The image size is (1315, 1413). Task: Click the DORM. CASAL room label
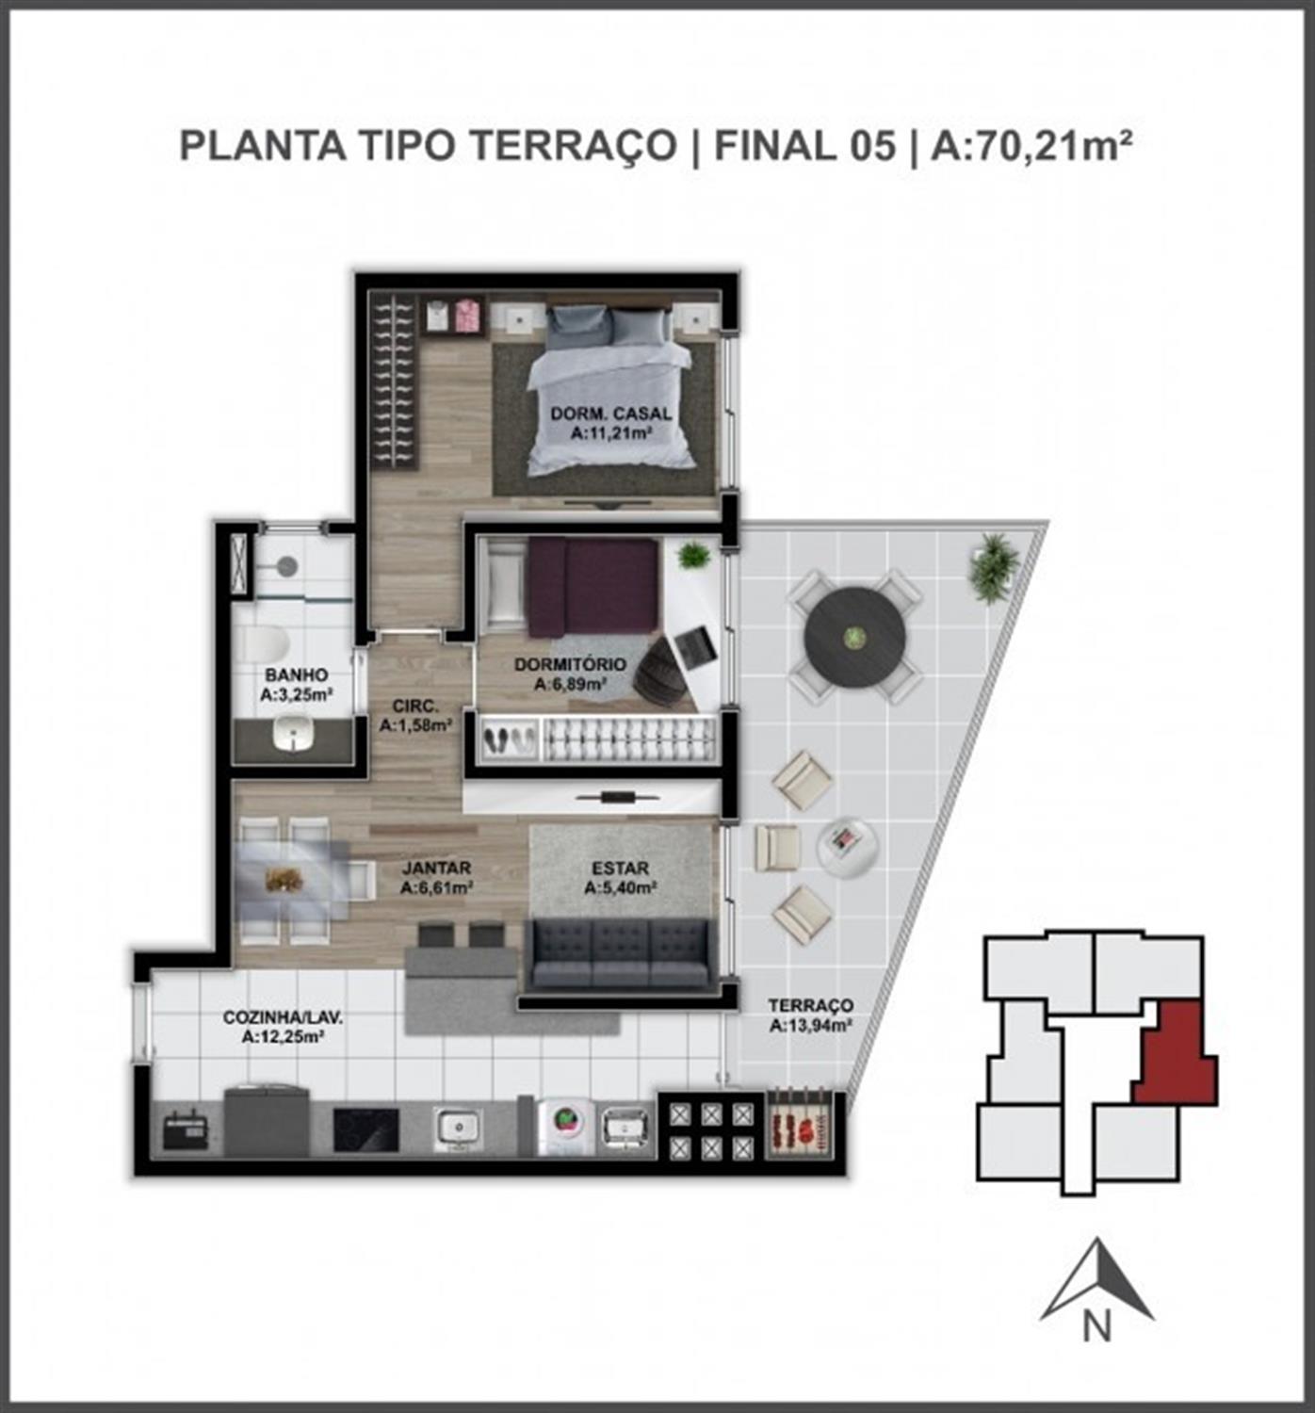[x=611, y=414]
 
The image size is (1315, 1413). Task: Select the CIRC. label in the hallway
[x=415, y=706]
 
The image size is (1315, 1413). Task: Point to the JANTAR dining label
[x=436, y=868]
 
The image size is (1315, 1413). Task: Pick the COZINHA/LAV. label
[x=284, y=1017]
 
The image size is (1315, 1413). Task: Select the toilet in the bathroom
[x=264, y=644]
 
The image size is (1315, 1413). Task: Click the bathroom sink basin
[x=293, y=731]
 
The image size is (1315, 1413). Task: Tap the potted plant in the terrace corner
[x=995, y=565]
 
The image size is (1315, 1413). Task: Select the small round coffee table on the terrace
[x=848, y=847]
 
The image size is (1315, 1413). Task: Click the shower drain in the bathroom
[x=285, y=565]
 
